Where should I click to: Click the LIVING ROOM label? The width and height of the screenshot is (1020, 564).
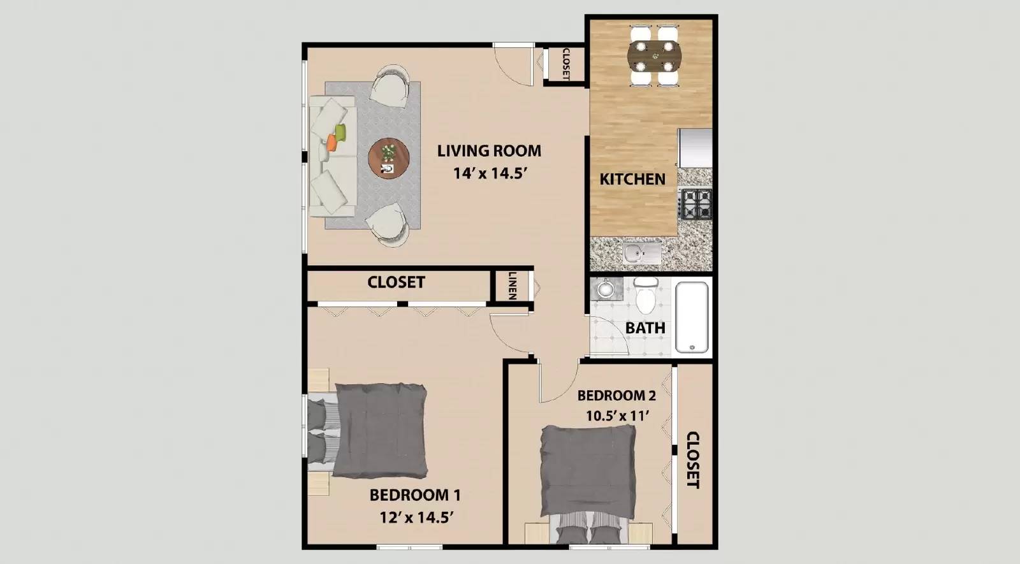[489, 151]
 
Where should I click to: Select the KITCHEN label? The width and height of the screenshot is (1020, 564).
[632, 179]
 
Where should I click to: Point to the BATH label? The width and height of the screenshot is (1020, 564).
[645, 328]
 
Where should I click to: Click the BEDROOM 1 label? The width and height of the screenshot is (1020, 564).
[415, 495]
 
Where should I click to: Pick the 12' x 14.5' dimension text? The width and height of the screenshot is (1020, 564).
[416, 517]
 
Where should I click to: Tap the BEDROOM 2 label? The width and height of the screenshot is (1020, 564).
[616, 395]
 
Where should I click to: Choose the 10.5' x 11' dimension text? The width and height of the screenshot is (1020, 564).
[617, 416]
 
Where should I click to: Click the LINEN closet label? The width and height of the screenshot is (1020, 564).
[512, 286]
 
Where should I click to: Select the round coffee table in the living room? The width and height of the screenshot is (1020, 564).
[389, 158]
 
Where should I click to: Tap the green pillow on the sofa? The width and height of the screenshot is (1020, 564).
[340, 133]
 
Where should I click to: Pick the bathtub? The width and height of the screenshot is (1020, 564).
[692, 317]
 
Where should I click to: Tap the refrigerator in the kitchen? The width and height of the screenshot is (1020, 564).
[695, 147]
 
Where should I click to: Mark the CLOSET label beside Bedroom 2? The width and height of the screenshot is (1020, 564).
[693, 459]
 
